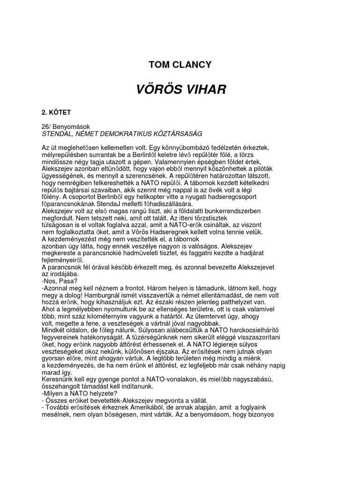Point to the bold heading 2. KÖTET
click(56, 113)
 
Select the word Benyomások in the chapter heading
click(72, 127)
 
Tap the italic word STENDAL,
click(58, 134)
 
